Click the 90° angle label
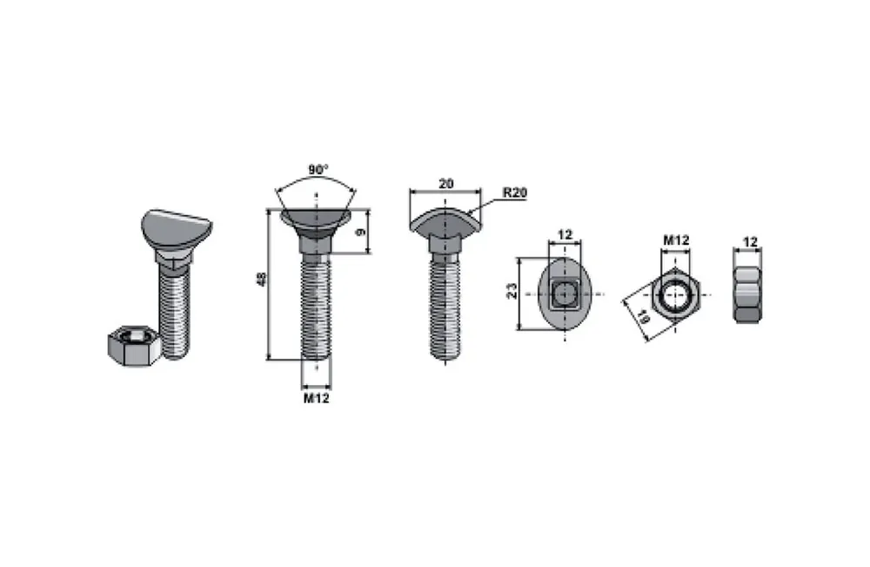[x=318, y=169]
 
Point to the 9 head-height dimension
[x=361, y=232]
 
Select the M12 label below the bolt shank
[x=317, y=398]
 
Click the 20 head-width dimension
[x=446, y=183]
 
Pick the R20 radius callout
[x=515, y=192]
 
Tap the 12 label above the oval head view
[x=565, y=234]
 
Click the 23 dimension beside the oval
[x=512, y=292]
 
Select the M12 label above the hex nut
[x=676, y=240]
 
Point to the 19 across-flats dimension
[x=643, y=318]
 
